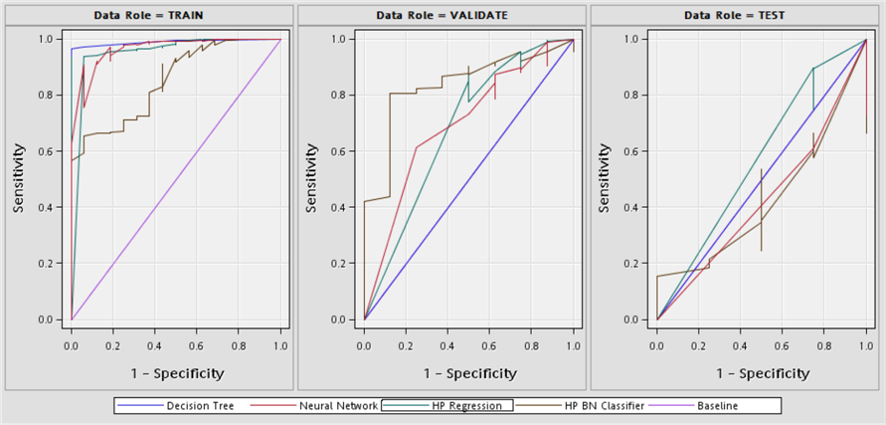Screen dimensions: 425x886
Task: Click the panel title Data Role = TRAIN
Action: [x=149, y=16]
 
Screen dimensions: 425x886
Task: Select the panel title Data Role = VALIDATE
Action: [x=442, y=16]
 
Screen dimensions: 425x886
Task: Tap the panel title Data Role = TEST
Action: [x=735, y=16]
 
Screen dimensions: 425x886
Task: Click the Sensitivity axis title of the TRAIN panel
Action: [x=19, y=178]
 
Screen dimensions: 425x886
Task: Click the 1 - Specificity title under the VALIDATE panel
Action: [x=468, y=373]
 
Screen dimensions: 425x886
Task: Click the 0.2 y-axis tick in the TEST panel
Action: [x=631, y=264]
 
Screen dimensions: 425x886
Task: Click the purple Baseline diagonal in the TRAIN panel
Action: [x=176, y=180]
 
